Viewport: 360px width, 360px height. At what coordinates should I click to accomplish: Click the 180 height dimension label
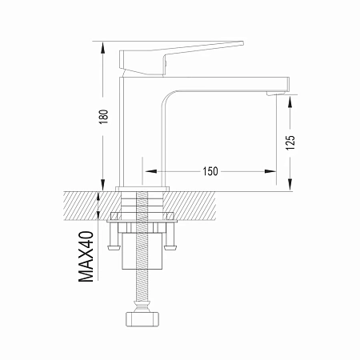103,117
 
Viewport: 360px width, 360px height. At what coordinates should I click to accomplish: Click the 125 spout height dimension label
290,142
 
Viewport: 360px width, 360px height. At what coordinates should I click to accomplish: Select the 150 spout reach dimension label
210,171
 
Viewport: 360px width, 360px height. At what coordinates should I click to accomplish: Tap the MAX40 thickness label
86,257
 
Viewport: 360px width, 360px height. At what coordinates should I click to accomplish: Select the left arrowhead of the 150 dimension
151,171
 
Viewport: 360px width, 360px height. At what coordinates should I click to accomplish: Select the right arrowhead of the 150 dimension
270,171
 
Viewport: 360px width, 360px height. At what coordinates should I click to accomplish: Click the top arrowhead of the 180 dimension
103,47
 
